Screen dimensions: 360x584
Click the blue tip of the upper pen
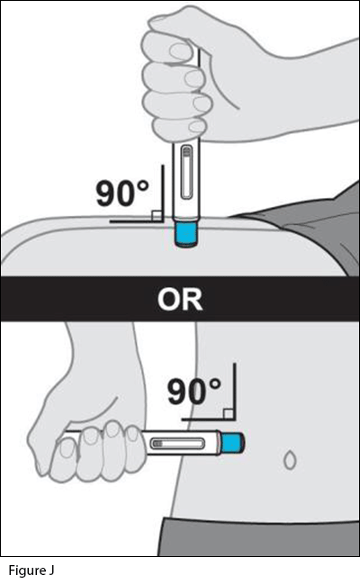tap(186, 234)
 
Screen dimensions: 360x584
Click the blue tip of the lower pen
tap(232, 443)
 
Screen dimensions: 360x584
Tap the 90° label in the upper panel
tap(122, 193)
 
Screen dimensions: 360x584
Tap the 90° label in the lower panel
tap(194, 391)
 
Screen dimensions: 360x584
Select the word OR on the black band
tap(180, 300)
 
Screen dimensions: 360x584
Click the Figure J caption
tap(31, 571)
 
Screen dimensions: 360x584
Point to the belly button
tap(290, 460)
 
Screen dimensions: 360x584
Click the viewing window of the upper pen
tap(186, 172)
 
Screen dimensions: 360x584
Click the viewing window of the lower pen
tap(177, 444)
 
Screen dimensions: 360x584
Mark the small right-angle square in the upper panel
tap(157, 216)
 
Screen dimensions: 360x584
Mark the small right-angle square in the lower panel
tap(229, 414)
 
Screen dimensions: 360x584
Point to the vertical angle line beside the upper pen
tap(163, 193)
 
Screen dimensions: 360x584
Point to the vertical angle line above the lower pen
tap(235, 391)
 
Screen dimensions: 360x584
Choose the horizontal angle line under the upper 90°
tap(137, 221)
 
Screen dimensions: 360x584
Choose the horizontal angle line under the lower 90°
tap(209, 419)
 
